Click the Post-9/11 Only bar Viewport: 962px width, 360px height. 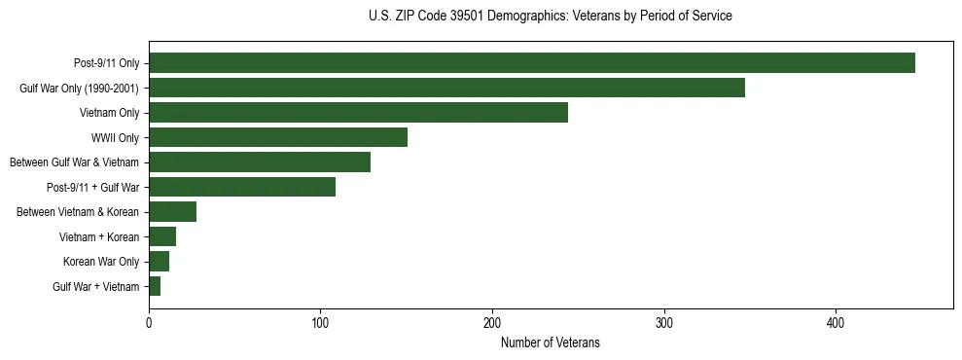pyautogui.click(x=532, y=63)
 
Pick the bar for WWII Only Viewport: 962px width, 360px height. pyautogui.click(x=278, y=137)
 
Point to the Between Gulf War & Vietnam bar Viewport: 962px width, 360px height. pyautogui.click(x=260, y=162)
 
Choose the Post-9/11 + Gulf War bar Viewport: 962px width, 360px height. pyautogui.click(x=242, y=187)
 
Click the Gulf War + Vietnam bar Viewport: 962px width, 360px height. pyautogui.click(x=155, y=286)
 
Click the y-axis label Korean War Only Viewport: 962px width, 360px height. pyautogui.click(x=101, y=262)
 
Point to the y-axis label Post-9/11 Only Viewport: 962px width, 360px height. pyautogui.click(x=106, y=63)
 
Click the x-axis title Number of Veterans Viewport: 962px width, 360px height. pyautogui.click(x=550, y=342)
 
